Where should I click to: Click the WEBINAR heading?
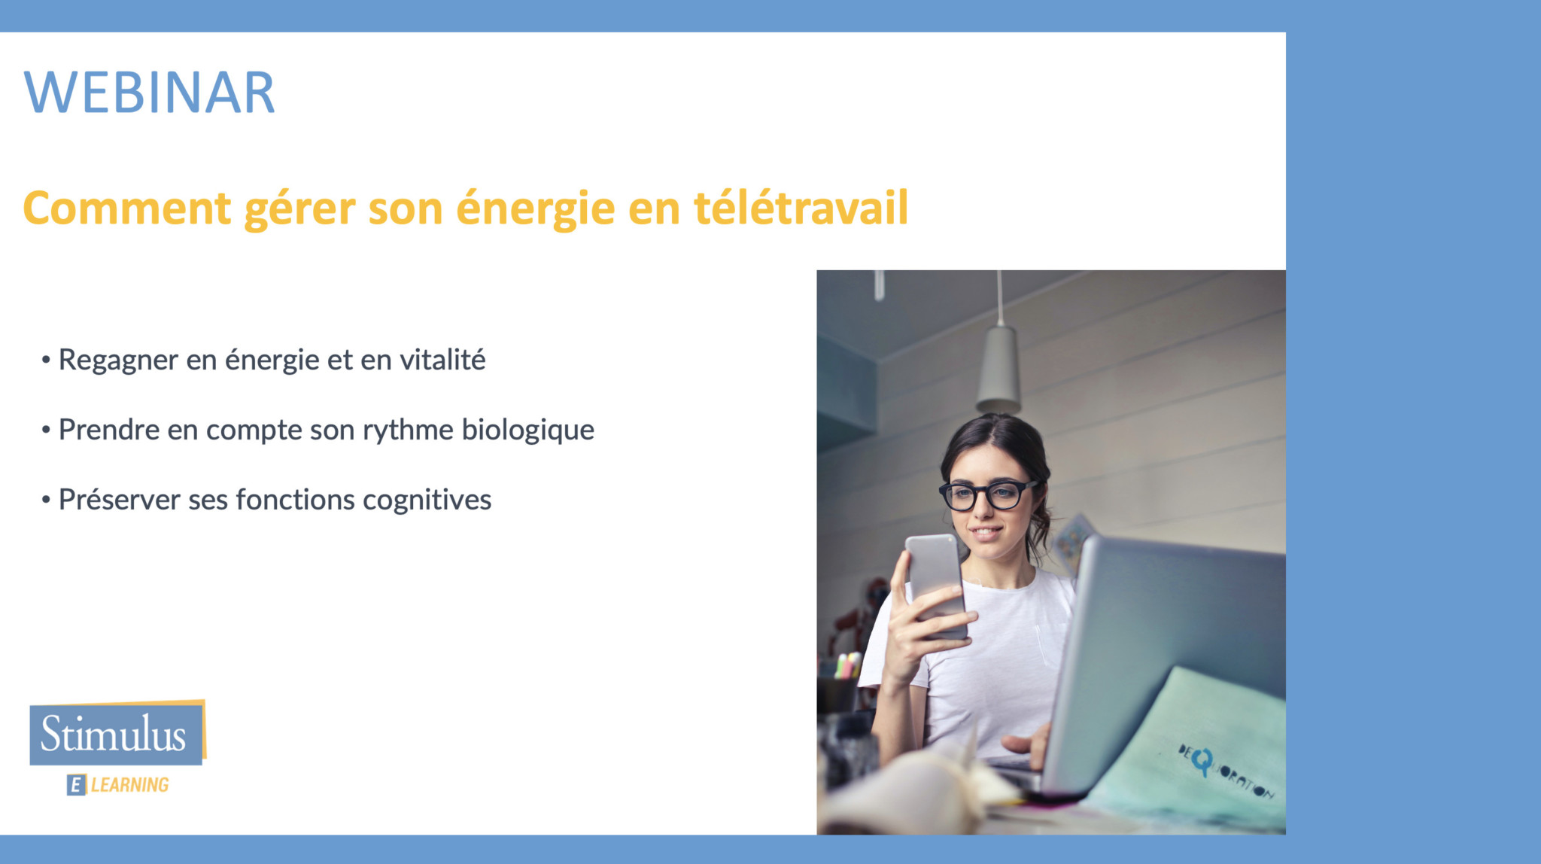pos(150,93)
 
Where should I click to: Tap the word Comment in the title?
pos(126,208)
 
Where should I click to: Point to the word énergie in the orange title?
pos(535,210)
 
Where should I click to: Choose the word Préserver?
pos(119,500)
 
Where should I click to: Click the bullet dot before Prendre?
pos(46,430)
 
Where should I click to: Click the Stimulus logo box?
pos(117,732)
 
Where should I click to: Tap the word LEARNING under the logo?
pos(129,785)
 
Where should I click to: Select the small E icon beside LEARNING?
pos(76,785)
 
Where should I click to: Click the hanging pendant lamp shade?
pos(998,370)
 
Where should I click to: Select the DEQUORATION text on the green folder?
pos(1226,770)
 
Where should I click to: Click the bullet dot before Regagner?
pos(46,361)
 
